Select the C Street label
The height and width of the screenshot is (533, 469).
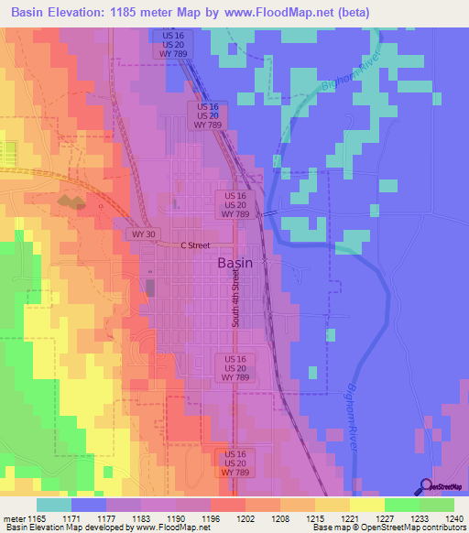(x=195, y=245)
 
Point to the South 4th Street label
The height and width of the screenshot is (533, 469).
(x=235, y=298)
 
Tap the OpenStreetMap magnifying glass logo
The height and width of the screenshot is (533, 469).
(x=426, y=487)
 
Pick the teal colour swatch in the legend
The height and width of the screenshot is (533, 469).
(x=54, y=505)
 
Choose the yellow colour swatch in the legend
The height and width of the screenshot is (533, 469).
(x=366, y=505)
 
